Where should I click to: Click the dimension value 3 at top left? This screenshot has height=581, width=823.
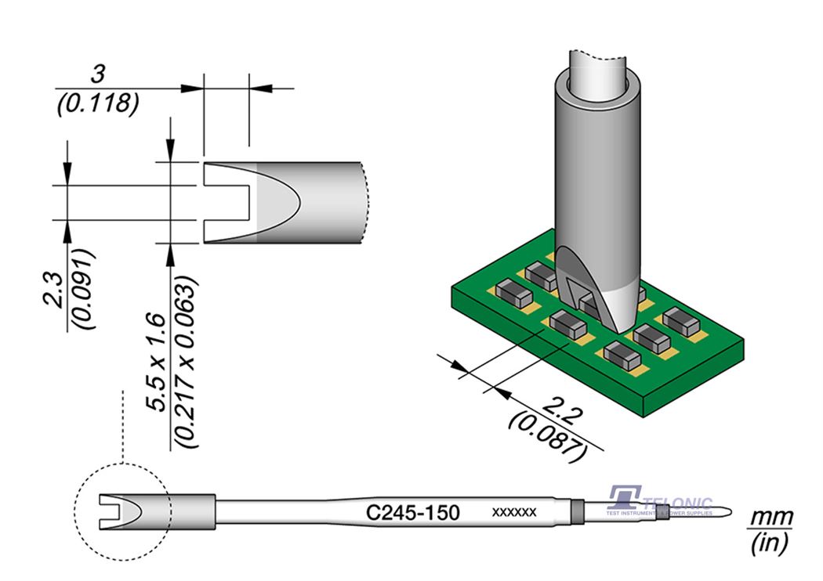point(98,75)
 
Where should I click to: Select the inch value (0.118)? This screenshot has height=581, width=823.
point(98,102)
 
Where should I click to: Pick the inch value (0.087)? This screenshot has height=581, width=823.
point(547,435)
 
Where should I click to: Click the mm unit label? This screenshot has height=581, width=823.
point(772,518)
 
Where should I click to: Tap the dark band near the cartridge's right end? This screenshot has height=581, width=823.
point(578,512)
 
